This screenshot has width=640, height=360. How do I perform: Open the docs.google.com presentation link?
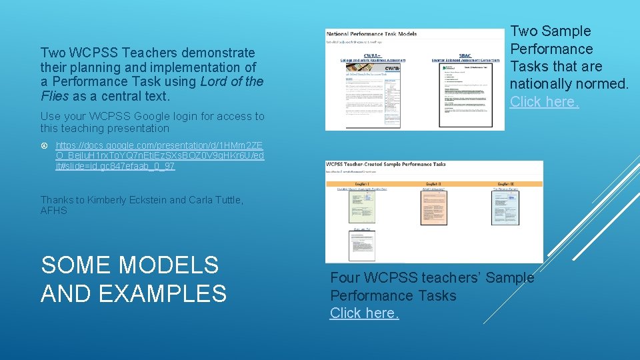point(159,155)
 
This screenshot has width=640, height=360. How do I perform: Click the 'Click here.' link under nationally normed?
point(545,101)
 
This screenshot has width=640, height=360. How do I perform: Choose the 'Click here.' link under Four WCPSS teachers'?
point(365,313)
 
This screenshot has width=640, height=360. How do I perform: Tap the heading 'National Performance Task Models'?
point(371,33)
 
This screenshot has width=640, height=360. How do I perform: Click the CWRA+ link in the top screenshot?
point(373,57)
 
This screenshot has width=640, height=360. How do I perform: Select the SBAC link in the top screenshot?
point(465,56)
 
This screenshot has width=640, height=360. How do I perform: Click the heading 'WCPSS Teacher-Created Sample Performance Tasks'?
point(386,164)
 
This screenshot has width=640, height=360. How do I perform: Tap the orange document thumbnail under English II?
point(433,207)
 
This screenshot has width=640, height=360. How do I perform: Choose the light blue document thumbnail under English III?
point(505,207)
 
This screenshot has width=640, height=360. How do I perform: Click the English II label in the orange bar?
point(433,183)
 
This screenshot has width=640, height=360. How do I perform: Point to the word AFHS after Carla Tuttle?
point(54,211)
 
